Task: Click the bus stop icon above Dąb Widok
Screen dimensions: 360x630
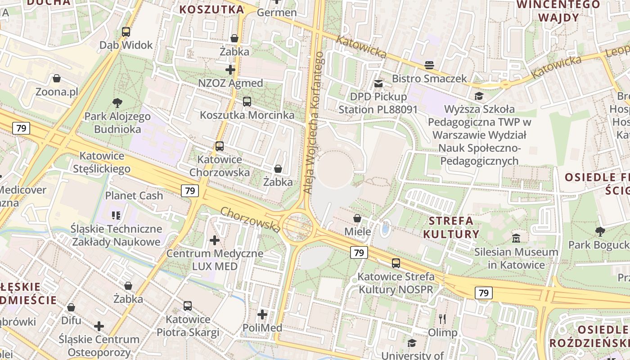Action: pyautogui.click(x=126, y=32)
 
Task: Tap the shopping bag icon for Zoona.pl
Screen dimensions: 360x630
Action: pyautogui.click(x=57, y=79)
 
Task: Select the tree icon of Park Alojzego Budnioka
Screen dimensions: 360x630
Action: pyautogui.click(x=117, y=103)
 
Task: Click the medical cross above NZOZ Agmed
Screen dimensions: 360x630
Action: pyautogui.click(x=230, y=70)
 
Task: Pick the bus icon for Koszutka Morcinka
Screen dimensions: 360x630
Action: pyautogui.click(x=247, y=102)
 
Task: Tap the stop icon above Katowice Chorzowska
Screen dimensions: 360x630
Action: pyautogui.click(x=220, y=146)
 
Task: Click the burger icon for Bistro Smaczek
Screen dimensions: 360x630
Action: pyautogui.click(x=429, y=65)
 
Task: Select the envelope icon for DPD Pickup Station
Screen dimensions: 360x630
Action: pyautogui.click(x=378, y=83)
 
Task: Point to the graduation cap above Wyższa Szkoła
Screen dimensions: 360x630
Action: pyautogui.click(x=479, y=96)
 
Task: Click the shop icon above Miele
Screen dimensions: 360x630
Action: pyautogui.click(x=357, y=218)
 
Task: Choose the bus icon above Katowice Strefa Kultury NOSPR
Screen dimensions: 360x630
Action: pyautogui.click(x=396, y=263)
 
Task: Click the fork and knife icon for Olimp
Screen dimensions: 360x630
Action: pyautogui.click(x=442, y=319)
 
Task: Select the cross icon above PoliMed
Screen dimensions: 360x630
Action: pyautogui.click(x=262, y=315)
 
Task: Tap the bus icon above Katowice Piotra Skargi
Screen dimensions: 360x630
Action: pyautogui.click(x=188, y=306)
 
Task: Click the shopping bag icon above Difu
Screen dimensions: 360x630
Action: pyautogui.click(x=71, y=307)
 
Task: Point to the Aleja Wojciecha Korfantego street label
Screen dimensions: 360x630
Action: pyautogui.click(x=314, y=122)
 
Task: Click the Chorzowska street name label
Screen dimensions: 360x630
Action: pyautogui.click(x=251, y=220)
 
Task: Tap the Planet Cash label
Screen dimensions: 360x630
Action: pyautogui.click(x=134, y=196)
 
